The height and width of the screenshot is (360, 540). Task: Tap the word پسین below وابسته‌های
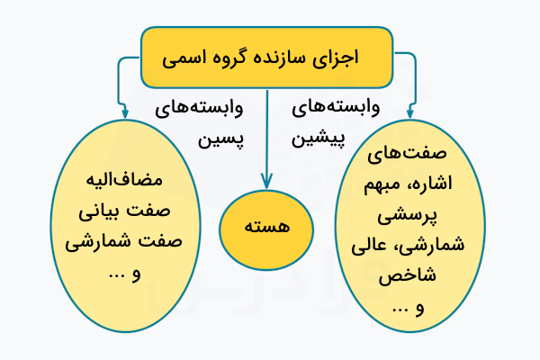[221, 140]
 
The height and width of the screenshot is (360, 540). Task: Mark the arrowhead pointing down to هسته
[266, 181]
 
